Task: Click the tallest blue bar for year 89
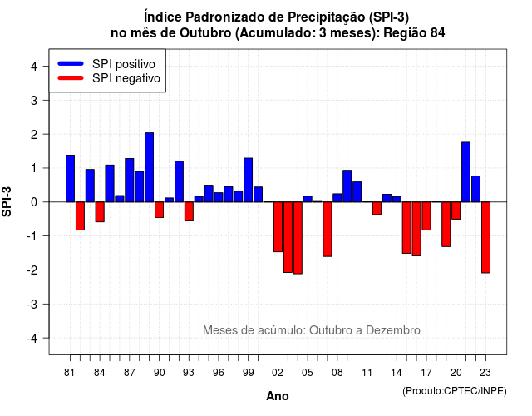pyautogui.click(x=150, y=167)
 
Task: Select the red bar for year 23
pyautogui.click(x=485, y=237)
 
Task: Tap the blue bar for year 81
pyautogui.click(x=70, y=179)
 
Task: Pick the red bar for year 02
pyautogui.click(x=278, y=227)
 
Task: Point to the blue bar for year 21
pyautogui.click(x=466, y=172)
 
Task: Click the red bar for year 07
pyautogui.click(x=328, y=230)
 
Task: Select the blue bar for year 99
pyautogui.click(x=249, y=180)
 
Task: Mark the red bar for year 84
pyautogui.click(x=100, y=212)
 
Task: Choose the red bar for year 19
pyautogui.click(x=446, y=224)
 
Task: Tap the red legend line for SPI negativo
pyautogui.click(x=71, y=78)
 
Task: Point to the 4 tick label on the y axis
pyautogui.click(x=34, y=67)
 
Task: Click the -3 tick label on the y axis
pyautogui.click(x=32, y=304)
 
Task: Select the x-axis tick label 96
pyautogui.click(x=219, y=373)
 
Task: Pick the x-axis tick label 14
pyautogui.click(x=397, y=373)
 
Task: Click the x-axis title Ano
pyautogui.click(x=278, y=396)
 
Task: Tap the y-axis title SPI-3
pyautogui.click(x=7, y=201)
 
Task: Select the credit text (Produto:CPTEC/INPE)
pyautogui.click(x=455, y=391)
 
